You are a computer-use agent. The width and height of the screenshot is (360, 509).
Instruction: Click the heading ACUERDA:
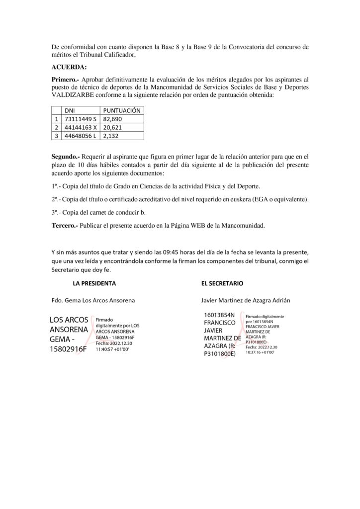pos(69,67)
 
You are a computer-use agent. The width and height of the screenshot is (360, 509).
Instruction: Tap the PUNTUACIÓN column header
pos(121,110)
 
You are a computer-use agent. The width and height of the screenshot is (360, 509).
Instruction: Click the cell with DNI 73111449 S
pos(79,119)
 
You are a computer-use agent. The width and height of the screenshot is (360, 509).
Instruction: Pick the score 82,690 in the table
pos(112,119)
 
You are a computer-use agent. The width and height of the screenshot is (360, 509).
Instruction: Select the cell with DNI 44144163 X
pos(80,127)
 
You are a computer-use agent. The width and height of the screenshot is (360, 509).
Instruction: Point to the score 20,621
pos(112,127)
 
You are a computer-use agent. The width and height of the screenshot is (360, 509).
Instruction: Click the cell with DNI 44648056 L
pos(79,135)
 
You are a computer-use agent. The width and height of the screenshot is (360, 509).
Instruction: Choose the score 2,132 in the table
pos(110,135)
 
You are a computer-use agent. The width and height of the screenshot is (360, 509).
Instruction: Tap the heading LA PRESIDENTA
pos(94,283)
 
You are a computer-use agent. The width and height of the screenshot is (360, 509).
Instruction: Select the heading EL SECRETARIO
pos(222,283)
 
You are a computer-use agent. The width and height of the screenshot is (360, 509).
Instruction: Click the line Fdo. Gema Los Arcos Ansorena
pos(93,300)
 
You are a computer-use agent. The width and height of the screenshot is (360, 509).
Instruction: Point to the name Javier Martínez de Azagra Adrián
pos(246,300)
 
